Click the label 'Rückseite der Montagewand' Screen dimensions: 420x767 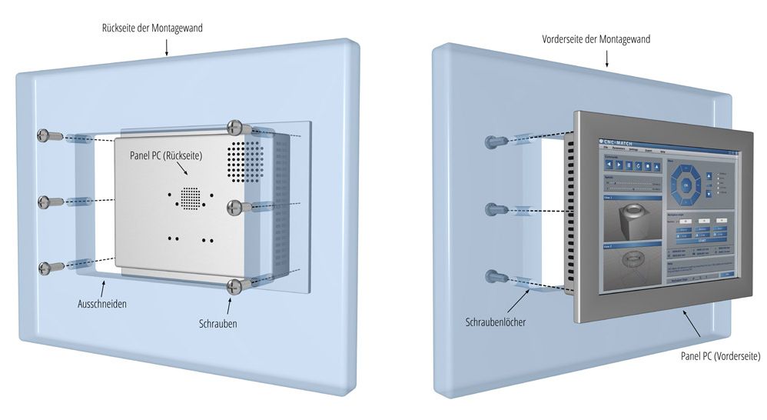coord(152,28)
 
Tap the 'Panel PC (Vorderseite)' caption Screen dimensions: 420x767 coord(721,356)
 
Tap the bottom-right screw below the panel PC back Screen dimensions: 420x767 coord(235,286)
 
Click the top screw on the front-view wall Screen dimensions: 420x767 coord(495,142)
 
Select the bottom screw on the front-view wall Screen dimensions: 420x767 coord(495,275)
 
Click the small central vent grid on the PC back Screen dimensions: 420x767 coord(189,197)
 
